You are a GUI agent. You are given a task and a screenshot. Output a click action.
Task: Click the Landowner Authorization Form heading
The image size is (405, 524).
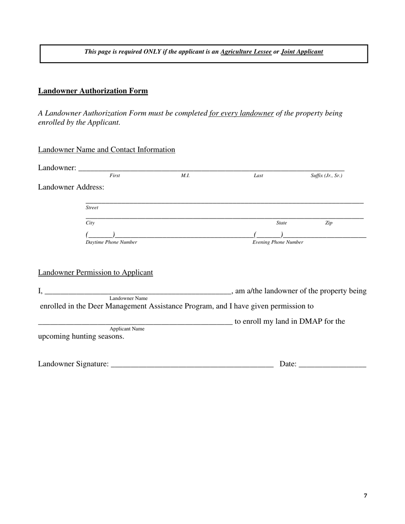93,91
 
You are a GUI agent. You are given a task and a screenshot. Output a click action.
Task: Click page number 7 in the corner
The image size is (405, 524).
365,495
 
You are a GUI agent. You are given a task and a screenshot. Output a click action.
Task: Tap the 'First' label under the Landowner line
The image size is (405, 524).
115,176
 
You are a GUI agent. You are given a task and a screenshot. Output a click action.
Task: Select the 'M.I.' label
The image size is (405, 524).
185,176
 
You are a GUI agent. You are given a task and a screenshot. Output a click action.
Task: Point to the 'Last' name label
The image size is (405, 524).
258,176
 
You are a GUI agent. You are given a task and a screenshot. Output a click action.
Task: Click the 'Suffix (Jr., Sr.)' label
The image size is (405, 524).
326,176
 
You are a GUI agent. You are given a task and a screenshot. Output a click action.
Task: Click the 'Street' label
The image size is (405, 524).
92,208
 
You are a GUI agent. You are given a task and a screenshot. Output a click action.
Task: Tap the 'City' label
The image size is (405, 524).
90,223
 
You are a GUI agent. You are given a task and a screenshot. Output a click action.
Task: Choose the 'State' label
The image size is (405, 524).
281,223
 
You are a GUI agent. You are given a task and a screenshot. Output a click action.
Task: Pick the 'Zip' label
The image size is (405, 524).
329,223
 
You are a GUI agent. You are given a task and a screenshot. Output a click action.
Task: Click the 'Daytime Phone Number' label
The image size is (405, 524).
111,242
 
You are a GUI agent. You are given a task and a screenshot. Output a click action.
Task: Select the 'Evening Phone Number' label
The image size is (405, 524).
278,242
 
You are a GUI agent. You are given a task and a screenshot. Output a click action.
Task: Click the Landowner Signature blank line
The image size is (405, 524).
192,365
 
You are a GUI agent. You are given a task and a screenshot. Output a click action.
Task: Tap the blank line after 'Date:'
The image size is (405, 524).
333,365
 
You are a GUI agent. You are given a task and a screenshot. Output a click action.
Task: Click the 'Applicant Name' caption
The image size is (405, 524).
127,329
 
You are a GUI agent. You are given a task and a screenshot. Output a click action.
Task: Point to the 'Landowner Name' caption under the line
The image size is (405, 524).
128,298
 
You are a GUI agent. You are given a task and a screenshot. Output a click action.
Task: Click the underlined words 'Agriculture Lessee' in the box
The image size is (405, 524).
246,52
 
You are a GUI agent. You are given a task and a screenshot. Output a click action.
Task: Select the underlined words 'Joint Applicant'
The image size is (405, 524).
302,52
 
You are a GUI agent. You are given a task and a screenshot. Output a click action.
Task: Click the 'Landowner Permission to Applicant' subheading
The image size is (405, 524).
95,273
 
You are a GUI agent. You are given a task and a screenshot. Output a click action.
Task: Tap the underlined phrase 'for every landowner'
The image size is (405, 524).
241,113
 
